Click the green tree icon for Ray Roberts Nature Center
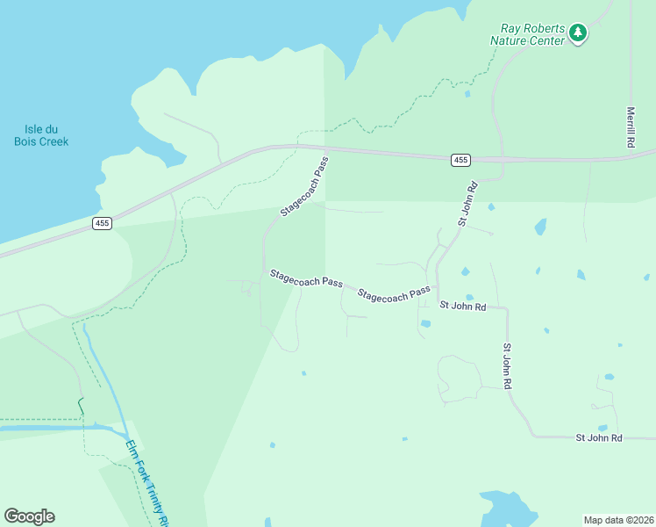(577, 33)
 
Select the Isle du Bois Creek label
(41, 135)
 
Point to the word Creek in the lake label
(53, 141)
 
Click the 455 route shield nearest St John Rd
(461, 160)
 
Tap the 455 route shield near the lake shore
(103, 224)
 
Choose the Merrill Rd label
(631, 127)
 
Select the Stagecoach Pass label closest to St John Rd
(395, 294)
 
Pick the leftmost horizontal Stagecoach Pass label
(306, 278)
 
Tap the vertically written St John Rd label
(507, 366)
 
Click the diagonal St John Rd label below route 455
(467, 204)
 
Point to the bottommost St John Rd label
(599, 437)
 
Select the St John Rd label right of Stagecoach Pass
(463, 306)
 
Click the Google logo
(29, 516)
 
